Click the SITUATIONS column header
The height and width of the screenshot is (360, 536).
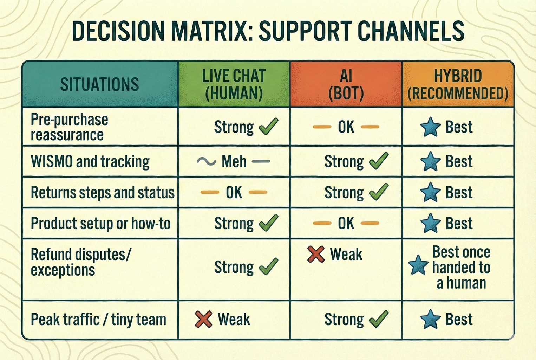[x=99, y=84]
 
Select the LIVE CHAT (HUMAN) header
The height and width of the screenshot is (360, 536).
[x=234, y=84]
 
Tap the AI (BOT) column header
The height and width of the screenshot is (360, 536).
[x=346, y=84]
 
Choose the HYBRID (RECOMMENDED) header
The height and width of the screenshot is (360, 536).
[x=458, y=84]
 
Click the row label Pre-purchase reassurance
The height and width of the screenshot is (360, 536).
[x=69, y=127]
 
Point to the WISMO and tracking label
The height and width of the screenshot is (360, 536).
[x=90, y=161]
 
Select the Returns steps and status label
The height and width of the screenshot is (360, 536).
[x=103, y=192]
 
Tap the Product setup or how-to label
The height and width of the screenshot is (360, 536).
[x=100, y=223]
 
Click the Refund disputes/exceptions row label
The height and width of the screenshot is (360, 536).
[x=80, y=262]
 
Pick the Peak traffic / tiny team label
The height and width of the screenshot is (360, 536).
[x=98, y=320]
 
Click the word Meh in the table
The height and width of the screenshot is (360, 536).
[x=234, y=161]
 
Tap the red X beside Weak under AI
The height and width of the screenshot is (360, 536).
[x=316, y=254]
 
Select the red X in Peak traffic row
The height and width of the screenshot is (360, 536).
[x=204, y=320]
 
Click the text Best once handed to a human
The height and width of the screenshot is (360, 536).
[x=461, y=267]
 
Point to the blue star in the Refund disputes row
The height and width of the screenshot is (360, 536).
[x=418, y=265]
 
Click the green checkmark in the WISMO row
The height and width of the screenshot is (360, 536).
[x=379, y=161]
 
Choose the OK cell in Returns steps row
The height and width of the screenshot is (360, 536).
[x=234, y=192]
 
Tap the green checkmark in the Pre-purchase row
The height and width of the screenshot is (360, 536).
[x=268, y=127]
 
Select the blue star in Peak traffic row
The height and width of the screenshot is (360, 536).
[x=430, y=320]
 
